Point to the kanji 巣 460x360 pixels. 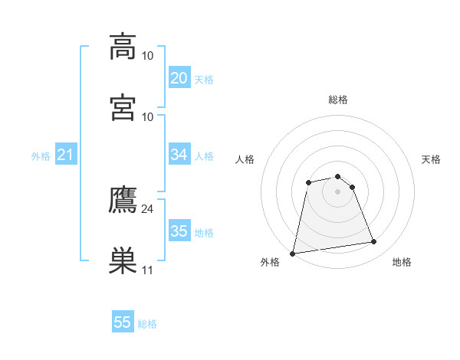(123, 260)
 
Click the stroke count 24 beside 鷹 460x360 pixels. (147, 208)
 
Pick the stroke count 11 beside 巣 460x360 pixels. (147, 270)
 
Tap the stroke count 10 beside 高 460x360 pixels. (147, 56)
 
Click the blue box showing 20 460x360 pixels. (179, 78)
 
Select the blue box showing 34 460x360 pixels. (179, 155)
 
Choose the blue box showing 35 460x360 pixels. (179, 231)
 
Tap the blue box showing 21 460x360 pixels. (65, 155)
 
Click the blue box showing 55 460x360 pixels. (123, 322)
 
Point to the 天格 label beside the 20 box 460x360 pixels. (204, 80)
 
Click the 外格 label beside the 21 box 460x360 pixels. (41, 156)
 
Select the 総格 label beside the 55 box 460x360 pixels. (148, 324)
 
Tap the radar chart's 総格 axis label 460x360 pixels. (338, 100)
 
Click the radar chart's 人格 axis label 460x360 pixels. (245, 159)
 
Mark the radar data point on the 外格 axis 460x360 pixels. (293, 253)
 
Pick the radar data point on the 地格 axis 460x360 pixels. (373, 242)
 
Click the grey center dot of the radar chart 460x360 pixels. (338, 191)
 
